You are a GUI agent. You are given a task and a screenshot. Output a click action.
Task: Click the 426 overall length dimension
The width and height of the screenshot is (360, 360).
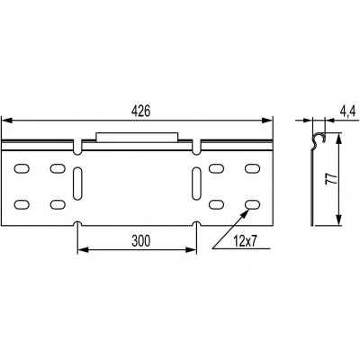coord(140,112)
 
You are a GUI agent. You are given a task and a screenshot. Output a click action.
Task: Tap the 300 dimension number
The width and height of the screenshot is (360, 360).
coord(140,240)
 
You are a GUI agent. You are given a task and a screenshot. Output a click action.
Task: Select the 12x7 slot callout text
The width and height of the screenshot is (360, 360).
coord(246,241)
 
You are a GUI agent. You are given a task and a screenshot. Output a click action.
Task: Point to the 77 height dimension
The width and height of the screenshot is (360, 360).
coord(330,179)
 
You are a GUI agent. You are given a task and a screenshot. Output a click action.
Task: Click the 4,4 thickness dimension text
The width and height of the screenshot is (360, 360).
coord(347,112)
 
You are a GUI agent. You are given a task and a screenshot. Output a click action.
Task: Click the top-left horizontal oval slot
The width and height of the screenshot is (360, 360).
coord(22,168)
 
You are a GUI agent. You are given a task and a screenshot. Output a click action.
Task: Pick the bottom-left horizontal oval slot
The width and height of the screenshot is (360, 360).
coord(22,204)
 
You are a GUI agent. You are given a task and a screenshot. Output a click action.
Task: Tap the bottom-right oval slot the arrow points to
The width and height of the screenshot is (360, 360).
coord(252,204)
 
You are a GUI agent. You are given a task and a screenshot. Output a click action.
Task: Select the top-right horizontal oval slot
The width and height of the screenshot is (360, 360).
coord(252,168)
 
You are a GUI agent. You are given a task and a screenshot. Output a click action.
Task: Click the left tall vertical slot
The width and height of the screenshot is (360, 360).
coord(77,184)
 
